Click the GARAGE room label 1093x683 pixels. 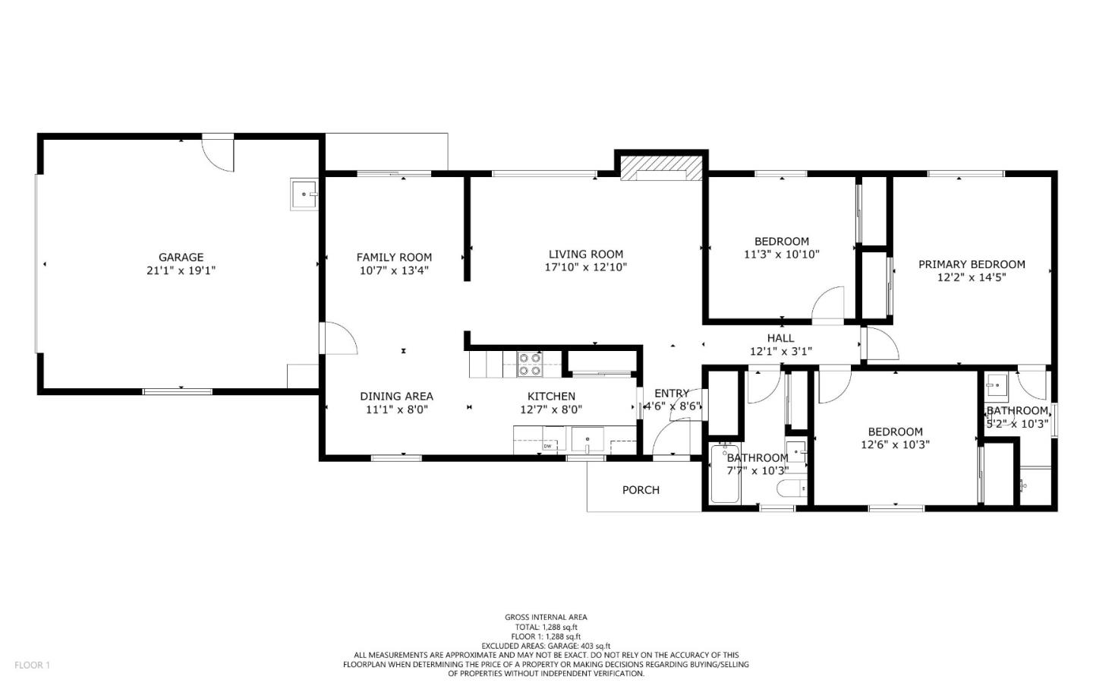181,258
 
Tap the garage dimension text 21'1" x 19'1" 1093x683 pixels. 181,270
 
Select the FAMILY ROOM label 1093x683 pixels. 394,258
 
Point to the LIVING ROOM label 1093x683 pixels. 585,255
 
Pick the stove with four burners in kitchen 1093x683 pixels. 529,365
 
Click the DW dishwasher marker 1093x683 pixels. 546,446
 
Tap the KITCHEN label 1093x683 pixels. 551,397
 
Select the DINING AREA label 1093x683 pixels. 396,397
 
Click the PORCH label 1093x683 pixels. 641,490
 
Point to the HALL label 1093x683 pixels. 780,338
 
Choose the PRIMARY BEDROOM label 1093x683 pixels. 972,264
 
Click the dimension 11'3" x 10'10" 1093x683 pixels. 781,255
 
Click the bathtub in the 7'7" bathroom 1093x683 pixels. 725,475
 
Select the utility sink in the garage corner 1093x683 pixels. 304,194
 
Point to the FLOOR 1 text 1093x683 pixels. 32,665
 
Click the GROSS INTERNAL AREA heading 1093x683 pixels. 546,617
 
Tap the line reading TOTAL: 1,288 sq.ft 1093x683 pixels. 546,627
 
